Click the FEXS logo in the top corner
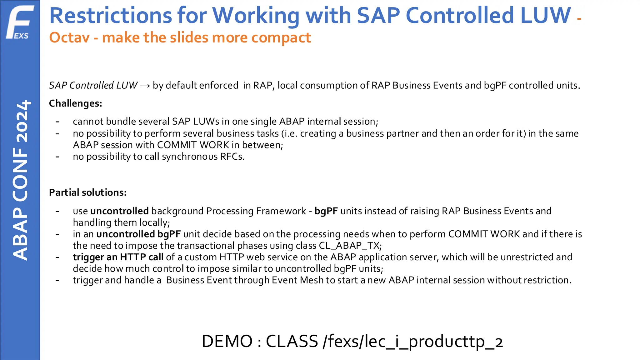point(20,22)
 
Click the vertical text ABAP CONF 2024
point(21,180)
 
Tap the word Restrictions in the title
point(111,16)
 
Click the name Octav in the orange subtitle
point(69,38)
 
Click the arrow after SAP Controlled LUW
point(145,86)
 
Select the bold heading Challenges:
point(76,103)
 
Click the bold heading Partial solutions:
point(88,192)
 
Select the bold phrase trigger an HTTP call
point(118,257)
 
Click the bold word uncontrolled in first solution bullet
point(119,211)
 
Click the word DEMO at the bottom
point(227,341)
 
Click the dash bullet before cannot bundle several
point(57,122)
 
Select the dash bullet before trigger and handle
point(57,280)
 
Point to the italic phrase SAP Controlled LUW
point(93,86)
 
